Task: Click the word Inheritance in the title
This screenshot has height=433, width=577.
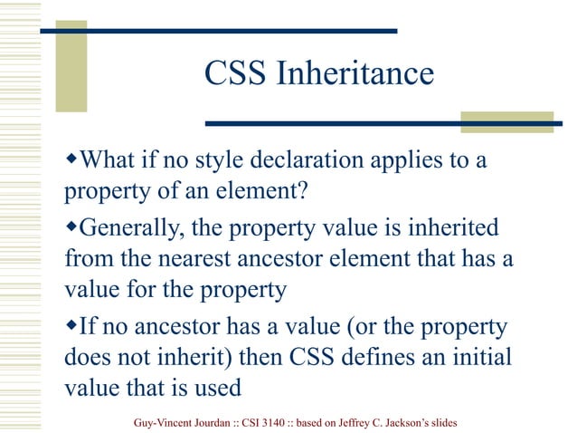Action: pos(355,74)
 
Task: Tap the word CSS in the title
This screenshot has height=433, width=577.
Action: pos(236,74)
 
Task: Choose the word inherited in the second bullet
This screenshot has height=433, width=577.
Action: pos(458,227)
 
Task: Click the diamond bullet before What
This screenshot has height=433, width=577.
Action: pos(72,161)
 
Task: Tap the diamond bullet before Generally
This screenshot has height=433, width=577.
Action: pos(72,226)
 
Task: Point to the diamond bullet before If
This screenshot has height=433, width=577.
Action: pos(72,323)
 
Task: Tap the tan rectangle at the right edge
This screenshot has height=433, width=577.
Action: pos(506,122)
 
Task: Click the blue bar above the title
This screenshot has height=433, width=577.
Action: pos(218,31)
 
